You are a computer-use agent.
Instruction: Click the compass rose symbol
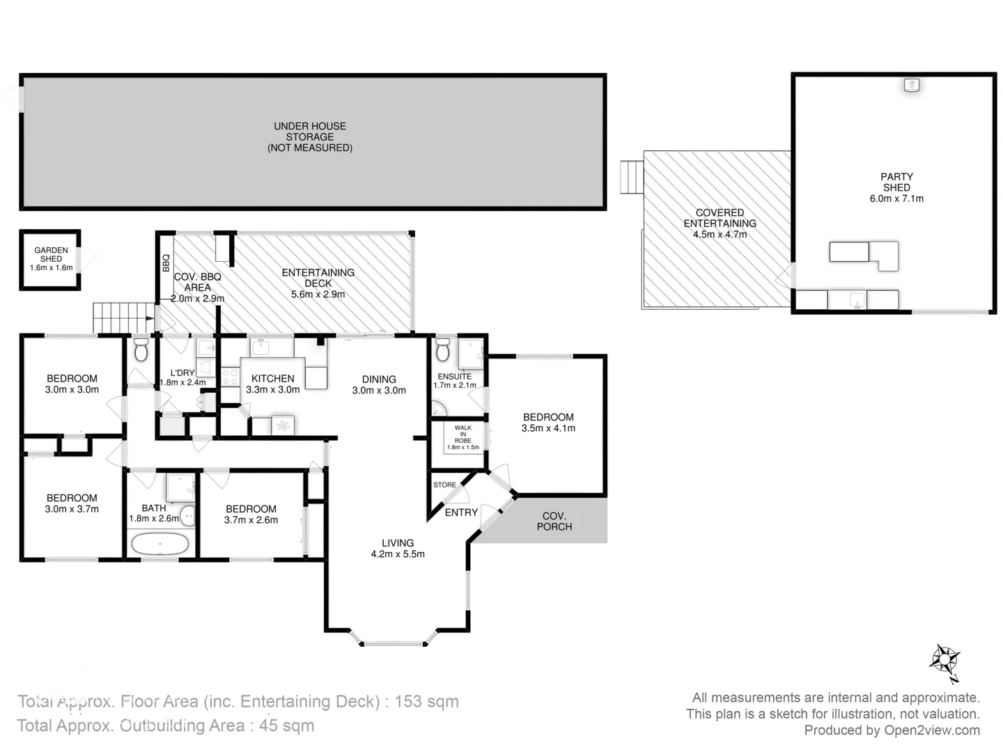coord(944,661)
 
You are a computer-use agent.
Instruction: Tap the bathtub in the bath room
coord(160,544)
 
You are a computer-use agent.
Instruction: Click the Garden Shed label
coord(51,254)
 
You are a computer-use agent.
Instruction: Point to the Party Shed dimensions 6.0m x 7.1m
coord(896,198)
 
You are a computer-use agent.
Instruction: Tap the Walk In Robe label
coord(463,434)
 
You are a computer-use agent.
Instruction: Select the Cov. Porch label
coord(554,521)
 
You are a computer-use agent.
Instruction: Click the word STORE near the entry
coord(445,485)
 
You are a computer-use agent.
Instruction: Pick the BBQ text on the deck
coord(166,263)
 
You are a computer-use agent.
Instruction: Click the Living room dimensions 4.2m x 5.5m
coord(398,554)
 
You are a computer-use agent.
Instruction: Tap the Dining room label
coord(379,379)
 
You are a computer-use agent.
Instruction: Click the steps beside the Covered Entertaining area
coord(632,178)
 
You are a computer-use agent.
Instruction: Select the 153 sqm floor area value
coord(426,701)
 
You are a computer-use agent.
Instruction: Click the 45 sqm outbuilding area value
coord(286,726)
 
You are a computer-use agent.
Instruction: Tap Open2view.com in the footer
coord(932,730)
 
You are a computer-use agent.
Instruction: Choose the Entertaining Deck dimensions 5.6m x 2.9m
coord(318,295)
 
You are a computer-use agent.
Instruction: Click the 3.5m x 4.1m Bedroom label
coord(548,423)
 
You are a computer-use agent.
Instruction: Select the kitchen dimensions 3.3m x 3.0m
coord(272,390)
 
